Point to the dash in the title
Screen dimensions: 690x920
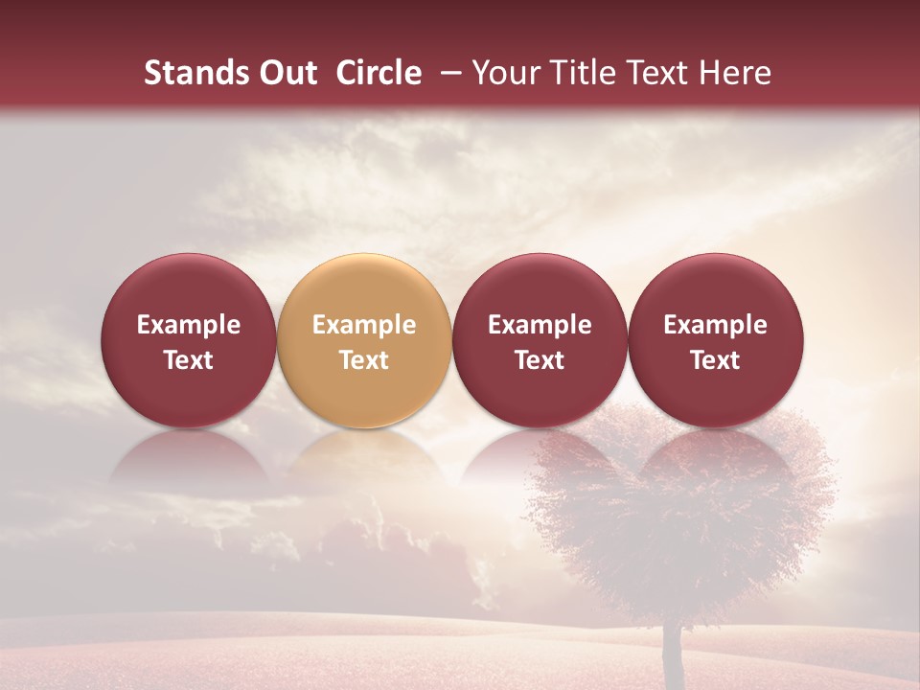[448, 73]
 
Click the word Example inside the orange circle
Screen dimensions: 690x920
[364, 325]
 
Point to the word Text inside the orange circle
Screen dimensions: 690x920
[364, 360]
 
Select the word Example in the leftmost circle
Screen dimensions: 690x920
[189, 325]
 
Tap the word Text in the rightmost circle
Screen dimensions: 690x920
[715, 360]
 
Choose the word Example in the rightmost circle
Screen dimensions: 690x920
[715, 325]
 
